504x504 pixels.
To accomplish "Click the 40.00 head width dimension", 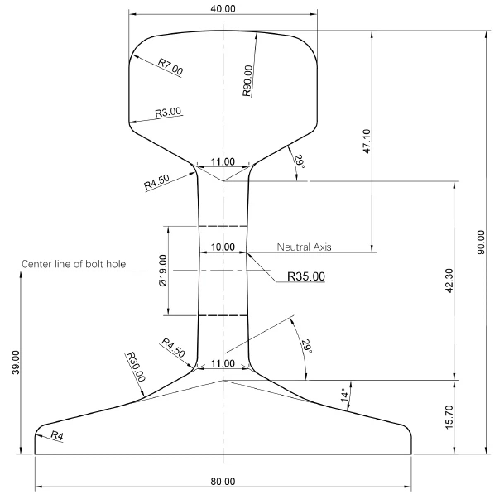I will click(x=223, y=7).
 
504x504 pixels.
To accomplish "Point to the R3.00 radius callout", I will click(x=167, y=112).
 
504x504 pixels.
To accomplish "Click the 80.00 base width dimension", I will click(x=223, y=481).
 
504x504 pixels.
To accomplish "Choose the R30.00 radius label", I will click(x=135, y=365).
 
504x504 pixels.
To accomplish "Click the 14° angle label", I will click(x=344, y=396).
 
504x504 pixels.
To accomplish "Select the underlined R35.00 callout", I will click(x=305, y=276).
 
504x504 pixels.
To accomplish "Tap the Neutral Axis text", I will click(x=305, y=247).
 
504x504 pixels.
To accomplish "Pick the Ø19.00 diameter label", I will click(x=163, y=270).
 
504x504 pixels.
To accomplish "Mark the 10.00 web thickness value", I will click(x=223, y=247).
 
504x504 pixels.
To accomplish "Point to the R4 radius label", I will click(x=56, y=434).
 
